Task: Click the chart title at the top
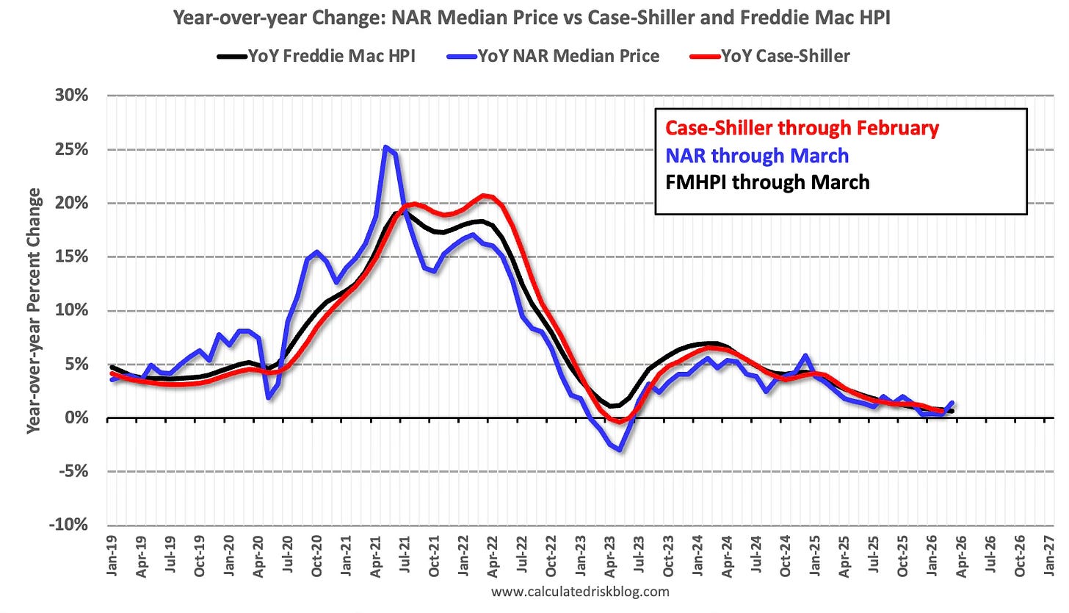click(532, 18)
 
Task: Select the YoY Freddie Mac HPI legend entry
click(316, 57)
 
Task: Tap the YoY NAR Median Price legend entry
click(554, 57)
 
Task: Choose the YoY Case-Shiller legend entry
click(770, 57)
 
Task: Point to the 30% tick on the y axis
click(72, 96)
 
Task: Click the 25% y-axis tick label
click(72, 149)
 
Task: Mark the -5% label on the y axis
click(74, 472)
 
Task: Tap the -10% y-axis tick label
click(69, 525)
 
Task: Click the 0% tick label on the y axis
click(76, 418)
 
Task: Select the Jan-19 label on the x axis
click(112, 556)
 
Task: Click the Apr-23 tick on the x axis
click(610, 556)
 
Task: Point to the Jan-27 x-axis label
click(1049, 556)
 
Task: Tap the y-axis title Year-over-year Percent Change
click(34, 311)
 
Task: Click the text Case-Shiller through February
click(802, 129)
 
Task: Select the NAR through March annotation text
click(757, 156)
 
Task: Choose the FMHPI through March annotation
click(767, 182)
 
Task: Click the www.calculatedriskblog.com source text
click(580, 592)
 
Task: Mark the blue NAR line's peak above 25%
click(385, 147)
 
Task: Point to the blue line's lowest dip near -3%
click(620, 450)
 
